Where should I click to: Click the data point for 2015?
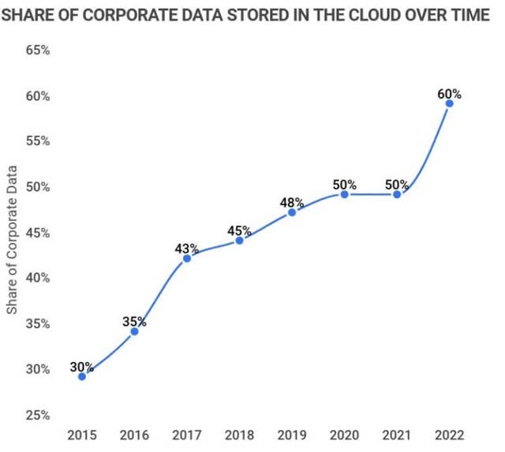click(82, 376)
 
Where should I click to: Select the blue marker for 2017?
click(187, 258)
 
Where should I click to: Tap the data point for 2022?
click(449, 103)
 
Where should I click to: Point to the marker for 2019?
click(292, 212)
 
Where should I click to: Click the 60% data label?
click(449, 94)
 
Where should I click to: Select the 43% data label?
click(187, 248)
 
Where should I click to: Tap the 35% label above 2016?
click(134, 322)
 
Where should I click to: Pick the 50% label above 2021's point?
click(397, 185)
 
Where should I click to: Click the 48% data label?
click(292, 203)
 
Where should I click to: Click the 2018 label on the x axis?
click(239, 435)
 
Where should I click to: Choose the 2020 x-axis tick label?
click(344, 435)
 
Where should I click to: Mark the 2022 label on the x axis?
click(449, 435)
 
